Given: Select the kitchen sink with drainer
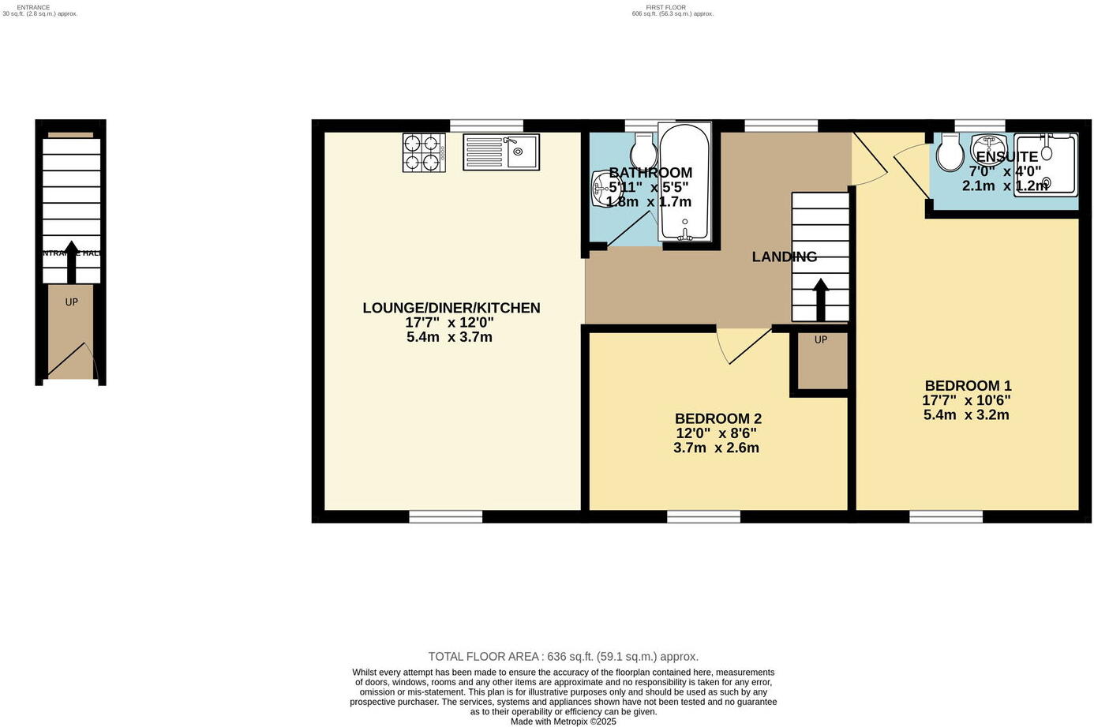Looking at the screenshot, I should (500, 152).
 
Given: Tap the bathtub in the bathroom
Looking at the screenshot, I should (684, 183).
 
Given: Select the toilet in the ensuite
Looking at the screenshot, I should (947, 152).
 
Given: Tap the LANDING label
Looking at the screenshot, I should (784, 257).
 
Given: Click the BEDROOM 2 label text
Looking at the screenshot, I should (717, 418).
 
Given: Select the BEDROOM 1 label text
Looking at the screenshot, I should (968, 385).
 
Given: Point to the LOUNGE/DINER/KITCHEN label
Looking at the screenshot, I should (451, 308).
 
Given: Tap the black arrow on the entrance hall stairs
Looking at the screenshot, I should (71, 262).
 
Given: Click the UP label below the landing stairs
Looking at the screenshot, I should (821, 339).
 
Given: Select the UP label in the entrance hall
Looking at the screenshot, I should (71, 302).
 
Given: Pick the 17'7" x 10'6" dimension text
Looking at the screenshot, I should (966, 400).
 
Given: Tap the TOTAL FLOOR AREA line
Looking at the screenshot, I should (563, 657).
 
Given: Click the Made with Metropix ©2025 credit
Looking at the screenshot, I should (563, 721).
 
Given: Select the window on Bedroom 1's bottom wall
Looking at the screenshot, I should (946, 516).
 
